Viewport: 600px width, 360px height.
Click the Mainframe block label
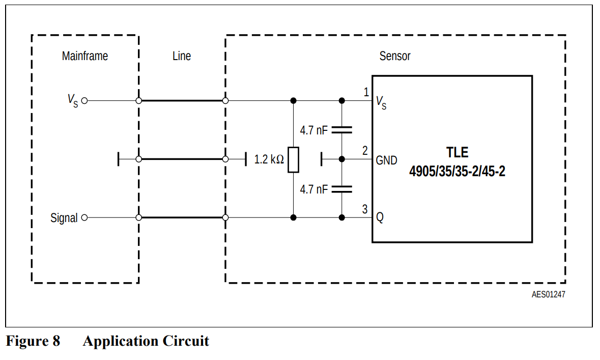click(85, 56)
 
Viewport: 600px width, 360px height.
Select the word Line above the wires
click(182, 56)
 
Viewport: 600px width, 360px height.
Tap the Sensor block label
click(395, 56)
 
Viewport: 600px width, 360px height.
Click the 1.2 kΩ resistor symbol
click(293, 159)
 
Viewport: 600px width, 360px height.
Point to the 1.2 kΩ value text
click(269, 159)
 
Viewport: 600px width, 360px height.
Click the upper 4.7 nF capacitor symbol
click(342, 130)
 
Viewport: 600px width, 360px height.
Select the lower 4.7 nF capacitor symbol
click(342, 189)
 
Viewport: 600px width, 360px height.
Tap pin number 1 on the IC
click(366, 92)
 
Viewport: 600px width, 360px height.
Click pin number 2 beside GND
click(365, 151)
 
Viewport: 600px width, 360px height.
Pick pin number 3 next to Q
click(365, 209)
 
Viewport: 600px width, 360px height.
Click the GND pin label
click(386, 160)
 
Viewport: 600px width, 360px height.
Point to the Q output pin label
click(380, 218)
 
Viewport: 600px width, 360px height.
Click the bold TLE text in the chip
click(457, 152)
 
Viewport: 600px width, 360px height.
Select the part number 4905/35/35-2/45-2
click(457, 171)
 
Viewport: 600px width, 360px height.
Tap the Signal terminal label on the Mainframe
click(64, 218)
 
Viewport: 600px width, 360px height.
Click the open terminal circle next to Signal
click(84, 218)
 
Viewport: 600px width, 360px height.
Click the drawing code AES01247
click(548, 295)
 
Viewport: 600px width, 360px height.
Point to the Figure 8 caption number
click(33, 341)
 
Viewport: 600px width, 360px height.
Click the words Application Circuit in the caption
click(146, 341)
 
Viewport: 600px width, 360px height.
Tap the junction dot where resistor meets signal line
click(293, 218)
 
